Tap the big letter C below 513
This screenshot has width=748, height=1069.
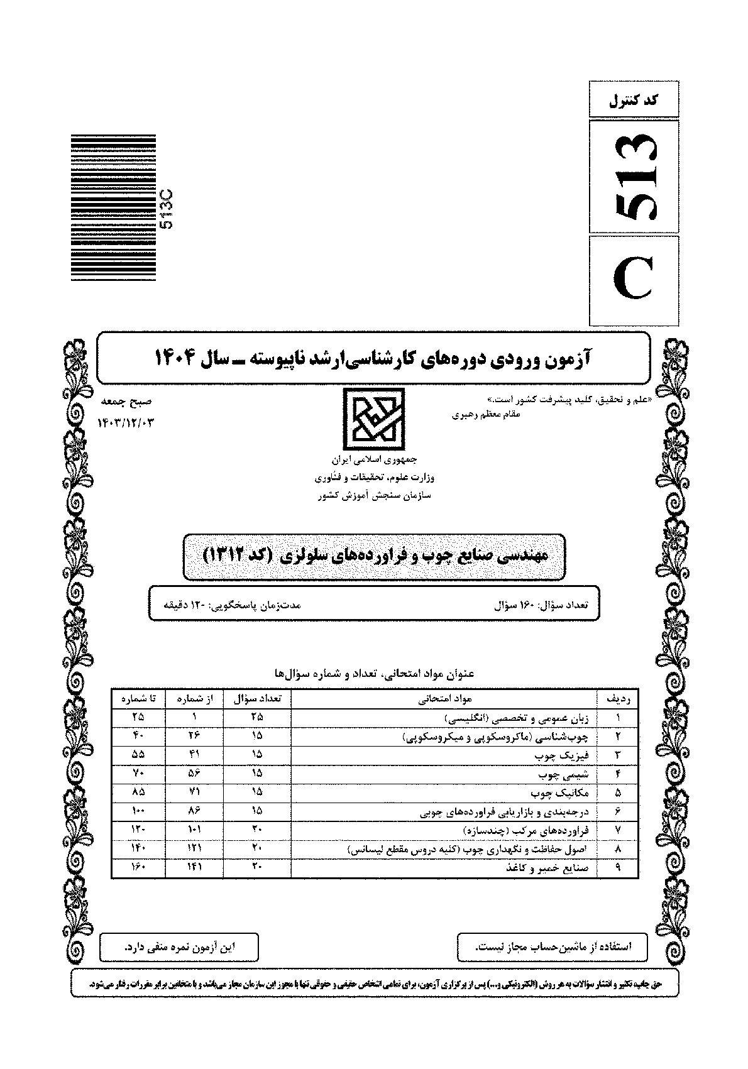(x=634, y=280)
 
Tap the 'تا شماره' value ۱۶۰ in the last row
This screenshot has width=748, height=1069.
(x=138, y=867)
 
